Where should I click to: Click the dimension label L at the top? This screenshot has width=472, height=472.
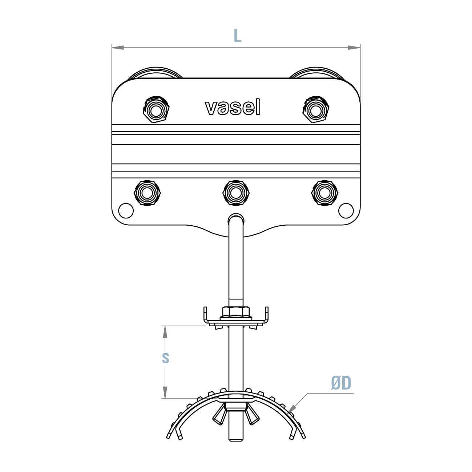click(237, 36)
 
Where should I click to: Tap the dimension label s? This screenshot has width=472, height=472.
click(166, 358)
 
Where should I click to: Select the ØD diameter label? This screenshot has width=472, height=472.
click(341, 383)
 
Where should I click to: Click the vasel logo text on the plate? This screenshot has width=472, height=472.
click(233, 107)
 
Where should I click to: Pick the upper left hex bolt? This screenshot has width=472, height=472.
click(156, 110)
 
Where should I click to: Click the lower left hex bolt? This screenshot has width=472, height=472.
click(147, 193)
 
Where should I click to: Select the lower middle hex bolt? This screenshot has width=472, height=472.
click(236, 193)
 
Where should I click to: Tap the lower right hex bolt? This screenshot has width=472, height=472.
click(325, 193)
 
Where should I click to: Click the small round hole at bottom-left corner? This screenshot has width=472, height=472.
click(126, 210)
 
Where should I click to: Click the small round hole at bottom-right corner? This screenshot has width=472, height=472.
click(346, 210)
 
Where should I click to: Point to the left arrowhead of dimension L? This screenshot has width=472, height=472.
click(117, 47)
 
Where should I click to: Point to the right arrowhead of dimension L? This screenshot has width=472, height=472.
click(355, 47)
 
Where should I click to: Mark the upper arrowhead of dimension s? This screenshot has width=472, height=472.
click(165, 331)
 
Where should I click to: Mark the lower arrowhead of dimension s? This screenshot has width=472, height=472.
click(165, 394)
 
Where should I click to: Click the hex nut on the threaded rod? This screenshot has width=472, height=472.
click(236, 311)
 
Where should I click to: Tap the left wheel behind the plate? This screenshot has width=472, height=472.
click(156, 73)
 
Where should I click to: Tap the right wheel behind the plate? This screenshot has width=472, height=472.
click(316, 73)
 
